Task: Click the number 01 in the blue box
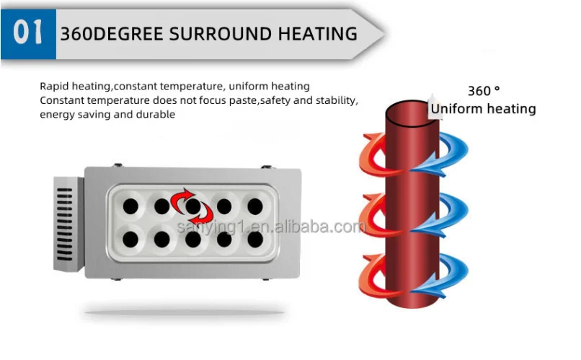29,33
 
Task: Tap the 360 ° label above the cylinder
483,91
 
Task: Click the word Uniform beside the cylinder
455,109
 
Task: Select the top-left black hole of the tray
130,206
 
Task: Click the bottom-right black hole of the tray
255,239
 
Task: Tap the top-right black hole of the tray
255,206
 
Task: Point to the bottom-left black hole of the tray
130,239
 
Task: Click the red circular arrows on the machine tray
192,206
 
